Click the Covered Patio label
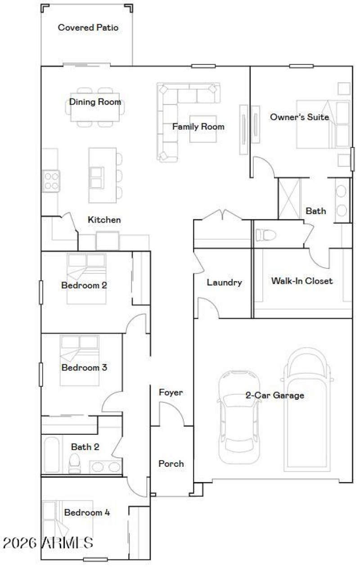[88, 28]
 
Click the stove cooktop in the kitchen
[51, 181]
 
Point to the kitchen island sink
[96, 177]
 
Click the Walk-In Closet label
[302, 281]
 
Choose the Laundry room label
[224, 283]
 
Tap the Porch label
[171, 464]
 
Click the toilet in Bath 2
[75, 463]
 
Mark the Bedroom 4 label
[87, 513]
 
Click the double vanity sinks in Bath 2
[106, 467]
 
